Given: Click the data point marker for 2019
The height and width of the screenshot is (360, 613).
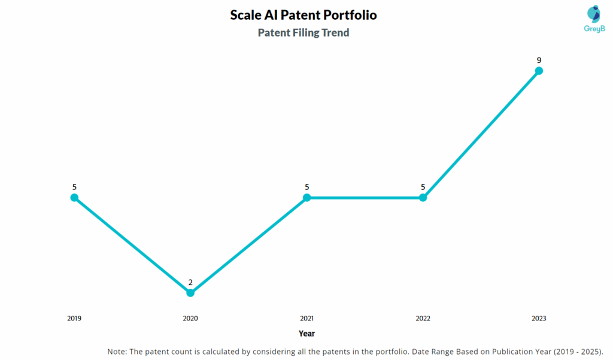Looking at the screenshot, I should (x=74, y=198).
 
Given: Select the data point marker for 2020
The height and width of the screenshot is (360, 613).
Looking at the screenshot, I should (x=190, y=293).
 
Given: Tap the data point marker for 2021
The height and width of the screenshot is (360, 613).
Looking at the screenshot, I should (x=306, y=198).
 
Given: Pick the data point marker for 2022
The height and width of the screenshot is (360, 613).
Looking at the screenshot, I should (x=423, y=198).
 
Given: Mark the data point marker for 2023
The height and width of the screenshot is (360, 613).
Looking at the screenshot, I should (x=539, y=71).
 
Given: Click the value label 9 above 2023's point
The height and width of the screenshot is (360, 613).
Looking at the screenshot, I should (x=539, y=60).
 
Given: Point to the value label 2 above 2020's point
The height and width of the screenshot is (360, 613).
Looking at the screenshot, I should (x=190, y=282).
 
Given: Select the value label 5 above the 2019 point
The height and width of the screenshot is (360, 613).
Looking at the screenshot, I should (x=74, y=187).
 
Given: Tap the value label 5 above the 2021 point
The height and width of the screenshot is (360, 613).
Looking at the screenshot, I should (x=306, y=187).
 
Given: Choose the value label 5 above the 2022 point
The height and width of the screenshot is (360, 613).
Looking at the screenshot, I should (x=423, y=187).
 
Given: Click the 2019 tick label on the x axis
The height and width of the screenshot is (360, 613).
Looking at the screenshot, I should (x=74, y=319).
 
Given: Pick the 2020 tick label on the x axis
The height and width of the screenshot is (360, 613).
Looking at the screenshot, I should (x=190, y=319).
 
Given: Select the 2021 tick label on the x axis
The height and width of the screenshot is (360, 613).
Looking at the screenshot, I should (x=306, y=319).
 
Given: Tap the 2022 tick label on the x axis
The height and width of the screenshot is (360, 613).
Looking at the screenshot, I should (x=423, y=319).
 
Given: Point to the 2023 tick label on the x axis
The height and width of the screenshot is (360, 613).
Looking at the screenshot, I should (x=539, y=319).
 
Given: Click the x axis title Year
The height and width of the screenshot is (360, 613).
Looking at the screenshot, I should (x=306, y=334).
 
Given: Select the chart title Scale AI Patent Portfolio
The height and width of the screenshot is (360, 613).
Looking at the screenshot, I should (x=304, y=15).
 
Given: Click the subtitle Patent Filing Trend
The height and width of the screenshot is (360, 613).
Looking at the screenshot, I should (x=304, y=33).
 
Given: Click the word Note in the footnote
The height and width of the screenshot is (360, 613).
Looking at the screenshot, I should (x=117, y=351).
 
